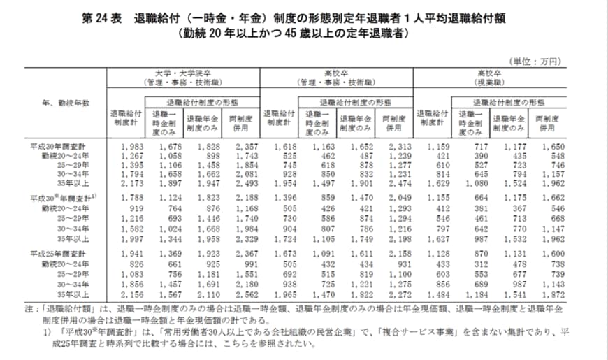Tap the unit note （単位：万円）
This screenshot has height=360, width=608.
pyautogui.click(x=536, y=62)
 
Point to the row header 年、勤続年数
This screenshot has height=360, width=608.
pyautogui.click(x=66, y=103)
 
